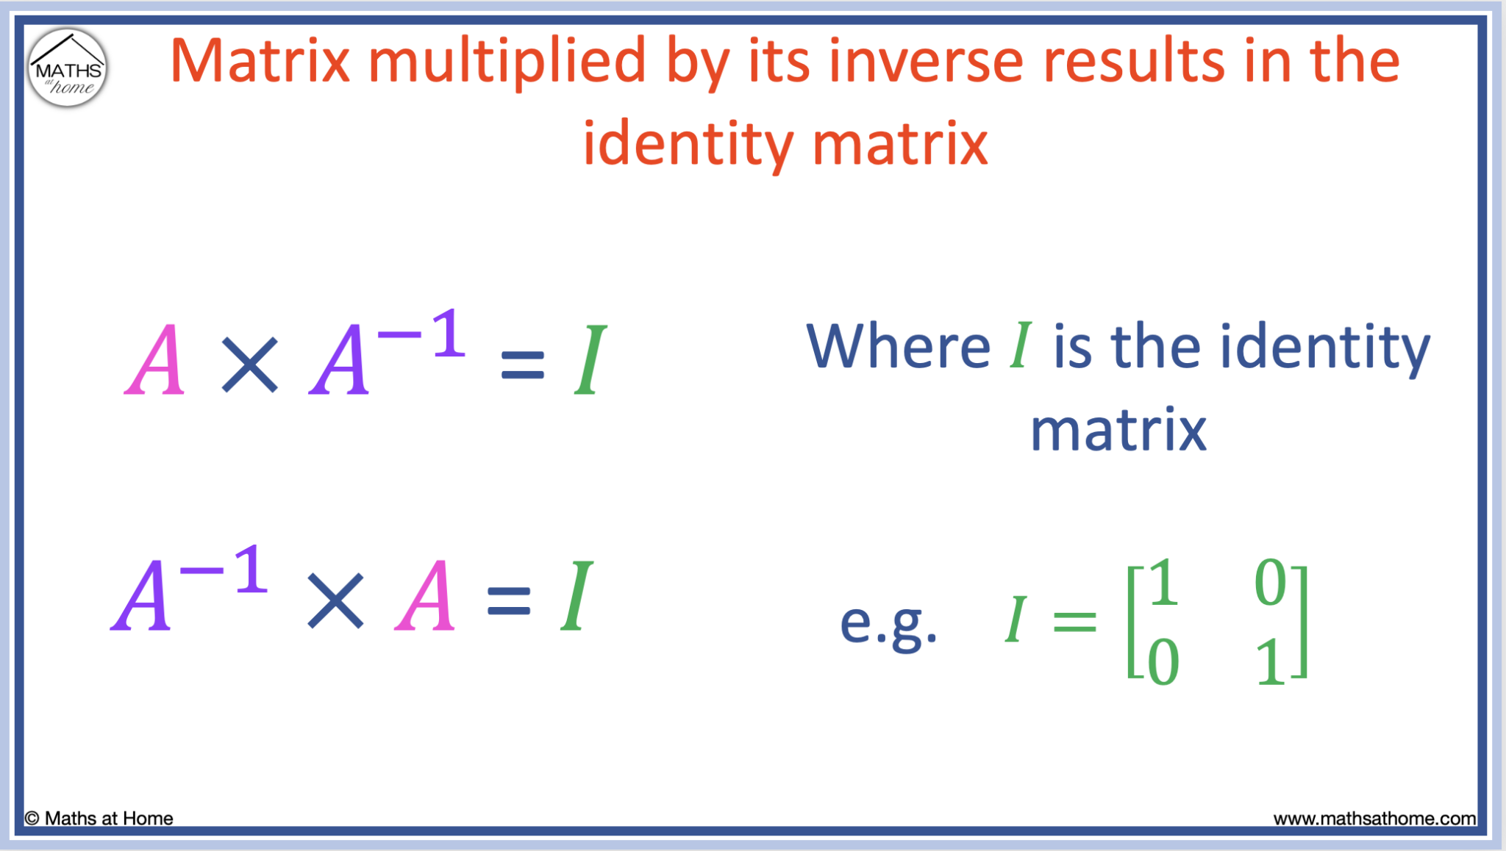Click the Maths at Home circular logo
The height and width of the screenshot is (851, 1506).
click(68, 68)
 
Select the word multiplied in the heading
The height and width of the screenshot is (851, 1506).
click(507, 62)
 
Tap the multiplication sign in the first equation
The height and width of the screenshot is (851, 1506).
click(250, 365)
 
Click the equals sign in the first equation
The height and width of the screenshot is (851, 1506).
click(522, 365)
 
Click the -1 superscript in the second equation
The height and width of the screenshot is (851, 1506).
click(224, 570)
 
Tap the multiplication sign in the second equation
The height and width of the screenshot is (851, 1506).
click(335, 601)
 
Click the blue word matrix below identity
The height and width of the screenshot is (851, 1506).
click(1118, 430)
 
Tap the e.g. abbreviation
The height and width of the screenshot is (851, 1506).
click(888, 623)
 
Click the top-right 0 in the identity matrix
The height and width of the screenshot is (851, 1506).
click(1270, 582)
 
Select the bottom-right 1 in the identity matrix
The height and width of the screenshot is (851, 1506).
click(1270, 662)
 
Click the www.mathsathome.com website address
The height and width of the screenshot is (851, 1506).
click(1374, 819)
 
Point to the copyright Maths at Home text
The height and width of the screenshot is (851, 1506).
click(99, 819)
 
